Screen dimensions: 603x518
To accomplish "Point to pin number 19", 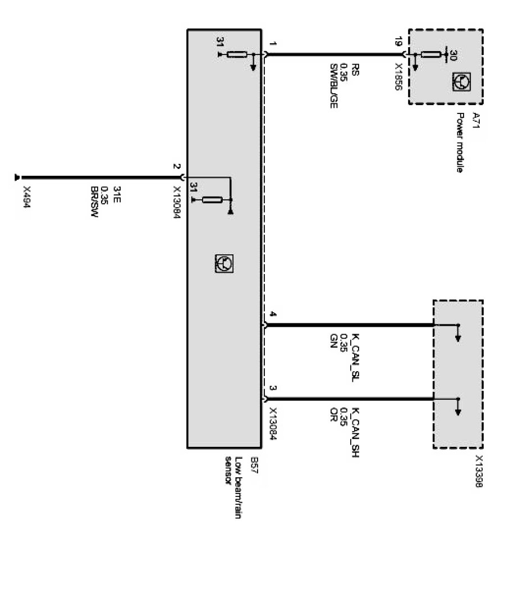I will pyautogui.click(x=398, y=42).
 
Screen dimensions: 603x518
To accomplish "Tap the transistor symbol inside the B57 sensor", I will pyautogui.click(x=223, y=262).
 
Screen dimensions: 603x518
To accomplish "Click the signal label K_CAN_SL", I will pyautogui.click(x=354, y=357).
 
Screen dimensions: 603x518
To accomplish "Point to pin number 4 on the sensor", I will pyautogui.click(x=273, y=315).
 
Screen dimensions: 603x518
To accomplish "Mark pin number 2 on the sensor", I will pyautogui.click(x=176, y=167).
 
